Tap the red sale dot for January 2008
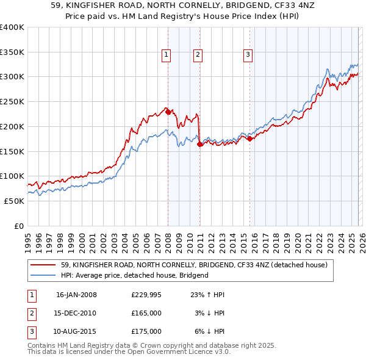pos(168,112)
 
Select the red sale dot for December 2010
pos(199,144)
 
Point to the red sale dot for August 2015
pos(249,139)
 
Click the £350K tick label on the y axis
pos(12,52)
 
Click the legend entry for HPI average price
pos(134,275)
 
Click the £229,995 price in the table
pos(147,295)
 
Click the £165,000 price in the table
pos(147,313)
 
